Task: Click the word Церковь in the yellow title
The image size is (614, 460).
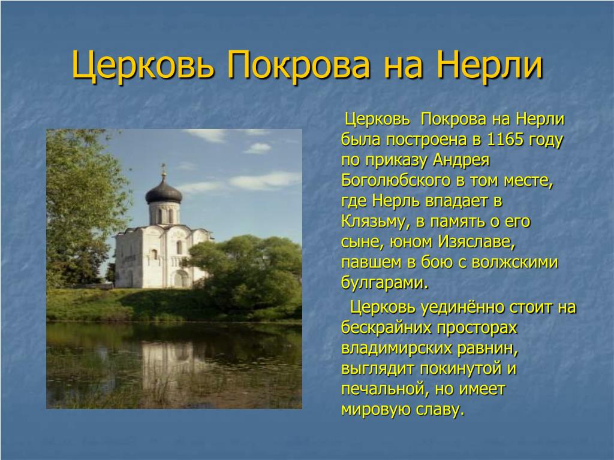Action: pos(143,65)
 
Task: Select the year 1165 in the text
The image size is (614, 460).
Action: pos(505,139)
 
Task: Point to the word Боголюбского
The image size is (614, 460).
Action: pos(396,180)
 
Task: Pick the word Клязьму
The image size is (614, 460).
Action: pos(375,222)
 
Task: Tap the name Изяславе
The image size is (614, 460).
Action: pos(475,242)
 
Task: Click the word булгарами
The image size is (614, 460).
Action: pos(384,282)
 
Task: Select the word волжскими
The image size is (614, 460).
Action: pos(514,262)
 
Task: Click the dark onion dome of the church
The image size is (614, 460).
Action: pos(164,191)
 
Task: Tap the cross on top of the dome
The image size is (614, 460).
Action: pos(164,170)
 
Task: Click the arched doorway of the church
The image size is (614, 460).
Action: pos(180,279)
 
